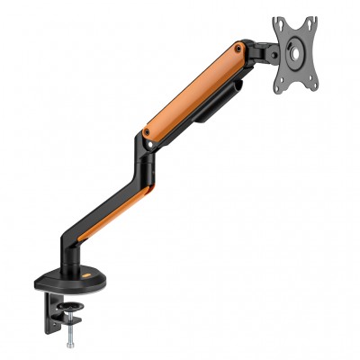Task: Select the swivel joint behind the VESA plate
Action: [x=263, y=52]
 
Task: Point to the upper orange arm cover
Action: [x=193, y=90]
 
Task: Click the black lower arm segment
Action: [x=112, y=202]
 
